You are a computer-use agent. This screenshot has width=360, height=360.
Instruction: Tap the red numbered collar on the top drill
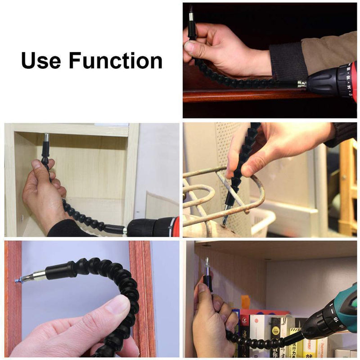[346, 81]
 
